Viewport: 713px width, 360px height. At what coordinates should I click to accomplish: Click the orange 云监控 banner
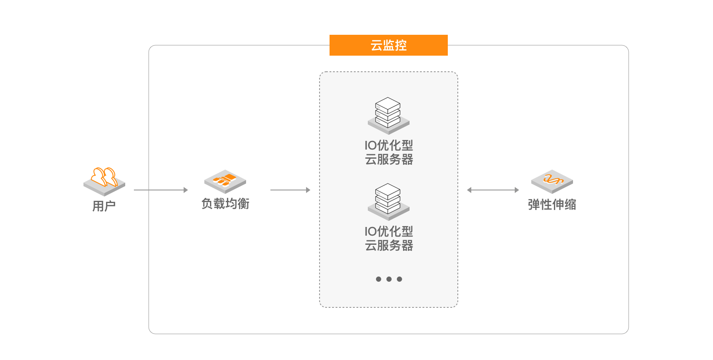[388, 45]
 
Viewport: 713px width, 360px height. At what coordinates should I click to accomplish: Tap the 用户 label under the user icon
[104, 206]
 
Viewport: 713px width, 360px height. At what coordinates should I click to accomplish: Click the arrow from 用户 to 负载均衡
[161, 190]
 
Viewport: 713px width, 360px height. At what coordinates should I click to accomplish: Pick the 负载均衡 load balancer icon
[225, 181]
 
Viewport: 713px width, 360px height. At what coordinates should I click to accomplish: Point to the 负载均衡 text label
[225, 204]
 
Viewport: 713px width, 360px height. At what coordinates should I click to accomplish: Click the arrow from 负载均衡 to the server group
[290, 190]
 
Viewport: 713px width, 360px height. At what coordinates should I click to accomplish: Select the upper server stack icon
[388, 116]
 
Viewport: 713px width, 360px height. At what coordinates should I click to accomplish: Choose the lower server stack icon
[388, 201]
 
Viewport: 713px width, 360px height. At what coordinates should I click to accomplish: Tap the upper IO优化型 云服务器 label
[389, 153]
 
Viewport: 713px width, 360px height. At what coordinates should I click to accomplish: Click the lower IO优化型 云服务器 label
[389, 238]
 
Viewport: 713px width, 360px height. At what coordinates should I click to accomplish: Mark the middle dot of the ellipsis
[389, 279]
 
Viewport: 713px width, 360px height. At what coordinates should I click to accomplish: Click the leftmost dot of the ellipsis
[379, 279]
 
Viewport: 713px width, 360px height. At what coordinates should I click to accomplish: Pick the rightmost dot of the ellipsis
[400, 279]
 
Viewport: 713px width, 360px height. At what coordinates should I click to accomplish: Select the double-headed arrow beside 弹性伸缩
[493, 190]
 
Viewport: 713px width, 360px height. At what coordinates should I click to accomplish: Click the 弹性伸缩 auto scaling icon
[552, 181]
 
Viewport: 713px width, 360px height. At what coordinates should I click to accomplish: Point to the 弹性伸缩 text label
[552, 204]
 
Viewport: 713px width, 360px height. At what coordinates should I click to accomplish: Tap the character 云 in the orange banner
[376, 45]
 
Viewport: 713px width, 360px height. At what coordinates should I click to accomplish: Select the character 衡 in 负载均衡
[243, 204]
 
